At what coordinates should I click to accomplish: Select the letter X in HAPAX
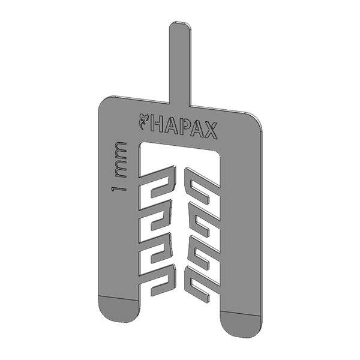(x=212, y=130)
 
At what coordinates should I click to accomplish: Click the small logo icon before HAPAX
(x=143, y=121)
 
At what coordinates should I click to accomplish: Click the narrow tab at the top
(x=180, y=60)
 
